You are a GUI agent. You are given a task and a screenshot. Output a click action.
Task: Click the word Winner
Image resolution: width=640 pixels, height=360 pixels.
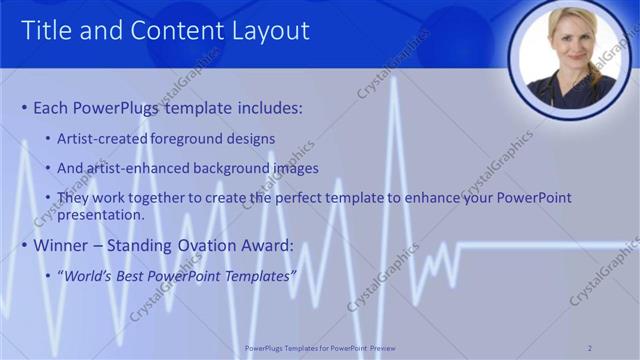pyautogui.click(x=63, y=245)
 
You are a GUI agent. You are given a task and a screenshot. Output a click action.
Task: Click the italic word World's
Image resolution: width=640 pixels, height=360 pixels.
pyautogui.click(x=88, y=275)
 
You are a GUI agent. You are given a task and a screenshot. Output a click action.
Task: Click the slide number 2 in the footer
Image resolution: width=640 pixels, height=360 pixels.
pyautogui.click(x=590, y=347)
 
